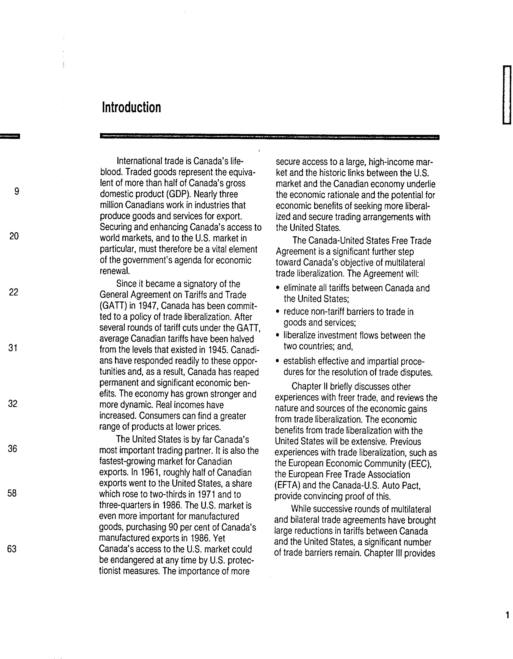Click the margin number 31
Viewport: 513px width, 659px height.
pyautogui.click(x=13, y=348)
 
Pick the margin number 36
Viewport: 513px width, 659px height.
pyautogui.click(x=12, y=449)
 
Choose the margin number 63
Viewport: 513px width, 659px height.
pyautogui.click(x=12, y=549)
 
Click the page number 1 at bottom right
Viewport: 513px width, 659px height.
pyautogui.click(x=507, y=615)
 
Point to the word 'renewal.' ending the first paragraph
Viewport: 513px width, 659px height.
pyautogui.click(x=115, y=271)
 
